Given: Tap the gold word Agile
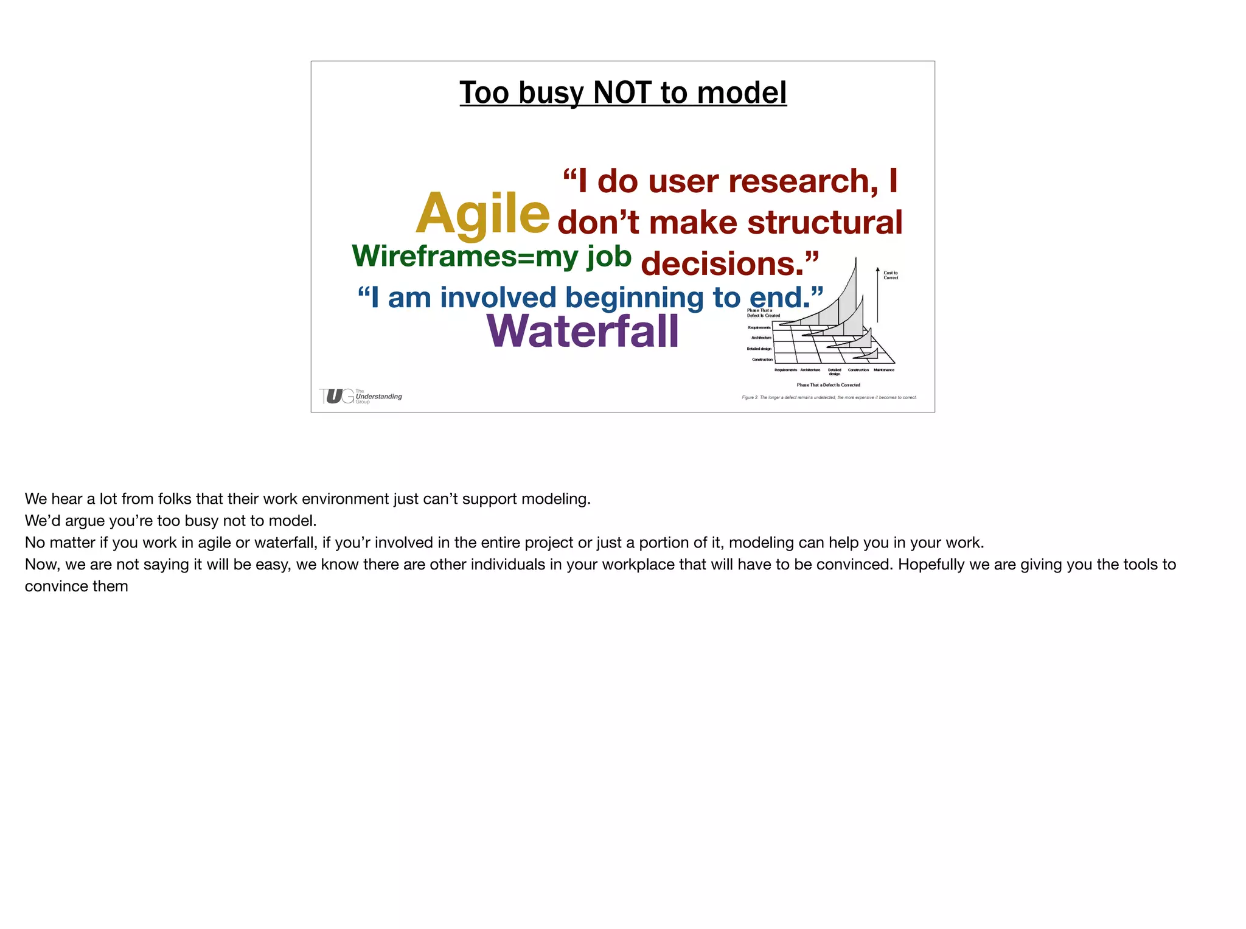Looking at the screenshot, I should pos(482,213).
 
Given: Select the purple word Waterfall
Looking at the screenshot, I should pos(582,332).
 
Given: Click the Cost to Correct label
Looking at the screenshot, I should pos(891,276).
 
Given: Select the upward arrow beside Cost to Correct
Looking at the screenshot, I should pos(877,294).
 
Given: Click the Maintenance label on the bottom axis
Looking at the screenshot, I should pos(883,370).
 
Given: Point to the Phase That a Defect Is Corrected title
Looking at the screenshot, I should pos(828,385).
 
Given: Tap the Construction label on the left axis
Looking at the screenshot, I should pos(762,360).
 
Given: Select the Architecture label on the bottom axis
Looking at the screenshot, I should pos(810,370).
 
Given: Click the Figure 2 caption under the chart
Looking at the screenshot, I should pos(829,398).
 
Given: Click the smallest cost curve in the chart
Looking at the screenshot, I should pos(870,354).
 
